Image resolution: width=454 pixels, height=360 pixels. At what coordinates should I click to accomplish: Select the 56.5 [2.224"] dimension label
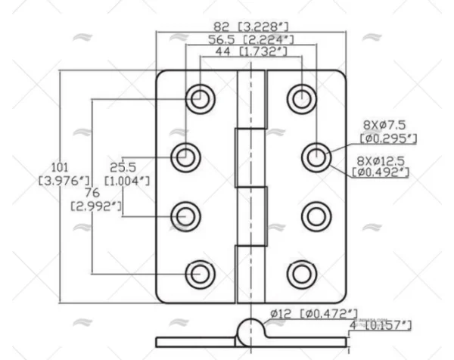pyautogui.click(x=251, y=39)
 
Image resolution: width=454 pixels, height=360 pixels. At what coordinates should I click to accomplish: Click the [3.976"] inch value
pyautogui.click(x=64, y=181)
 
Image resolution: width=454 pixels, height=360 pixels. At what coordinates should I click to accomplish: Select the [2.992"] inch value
pyautogui.click(x=96, y=205)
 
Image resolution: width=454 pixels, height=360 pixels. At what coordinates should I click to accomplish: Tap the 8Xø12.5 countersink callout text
pyautogui.click(x=383, y=160)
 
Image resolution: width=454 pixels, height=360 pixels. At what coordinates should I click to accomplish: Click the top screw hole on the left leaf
pyautogui.click(x=201, y=98)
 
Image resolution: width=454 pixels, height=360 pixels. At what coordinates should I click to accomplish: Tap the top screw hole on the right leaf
pyautogui.click(x=301, y=98)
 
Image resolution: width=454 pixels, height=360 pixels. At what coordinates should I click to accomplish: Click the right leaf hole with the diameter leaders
pyautogui.click(x=316, y=157)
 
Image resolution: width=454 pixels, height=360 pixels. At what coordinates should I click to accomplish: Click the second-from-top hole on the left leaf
pyautogui.click(x=185, y=157)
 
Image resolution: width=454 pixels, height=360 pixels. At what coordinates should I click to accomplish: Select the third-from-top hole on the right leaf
pyautogui.click(x=316, y=217)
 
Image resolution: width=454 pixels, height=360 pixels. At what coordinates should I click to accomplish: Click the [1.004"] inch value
pyautogui.click(x=126, y=181)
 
